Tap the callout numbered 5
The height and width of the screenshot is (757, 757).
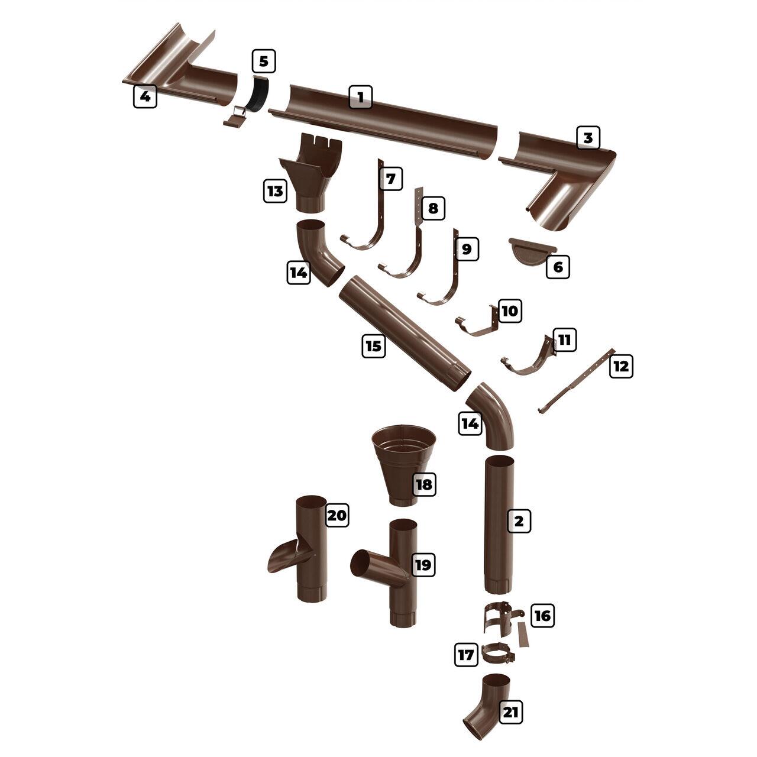(x=264, y=62)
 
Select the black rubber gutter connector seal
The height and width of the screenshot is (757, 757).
(x=258, y=94)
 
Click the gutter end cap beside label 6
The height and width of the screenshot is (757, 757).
(x=532, y=250)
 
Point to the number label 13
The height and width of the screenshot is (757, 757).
(x=275, y=191)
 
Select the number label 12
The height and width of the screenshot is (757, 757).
(x=621, y=366)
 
